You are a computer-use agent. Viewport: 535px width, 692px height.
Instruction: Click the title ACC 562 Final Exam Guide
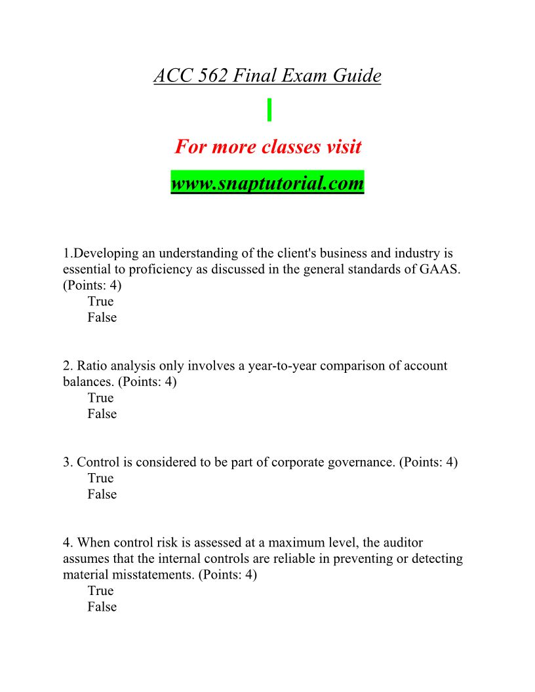pos(267,76)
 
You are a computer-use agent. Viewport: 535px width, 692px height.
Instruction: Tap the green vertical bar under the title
pos(269,109)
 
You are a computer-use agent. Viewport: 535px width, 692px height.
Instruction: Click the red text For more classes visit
pos(267,146)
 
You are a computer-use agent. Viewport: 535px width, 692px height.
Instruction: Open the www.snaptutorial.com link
pos(267,182)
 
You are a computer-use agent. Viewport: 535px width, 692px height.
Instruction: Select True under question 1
pos(100,301)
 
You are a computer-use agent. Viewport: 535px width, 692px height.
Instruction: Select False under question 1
pos(102,318)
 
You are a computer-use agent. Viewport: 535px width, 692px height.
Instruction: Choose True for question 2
pos(100,398)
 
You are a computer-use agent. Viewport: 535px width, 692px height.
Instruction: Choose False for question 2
pos(102,414)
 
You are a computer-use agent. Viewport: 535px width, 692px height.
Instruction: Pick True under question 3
pos(100,478)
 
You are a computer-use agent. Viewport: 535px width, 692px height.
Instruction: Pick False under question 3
pos(102,495)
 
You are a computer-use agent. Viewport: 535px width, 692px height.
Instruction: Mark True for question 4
pos(100,590)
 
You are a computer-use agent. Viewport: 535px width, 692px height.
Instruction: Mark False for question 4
pos(102,607)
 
